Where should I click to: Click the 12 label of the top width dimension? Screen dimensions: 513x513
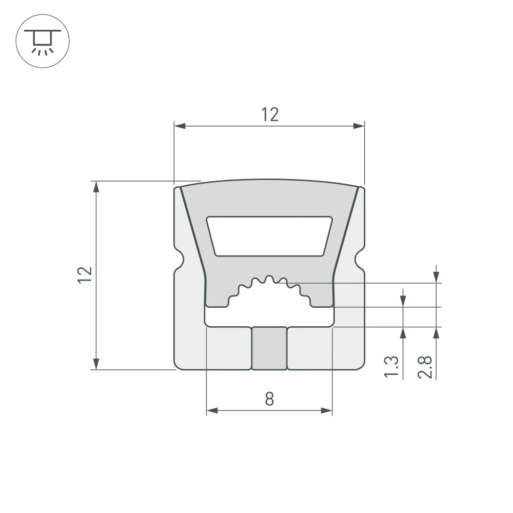(269, 115)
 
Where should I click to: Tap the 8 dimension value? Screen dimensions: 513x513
(269, 399)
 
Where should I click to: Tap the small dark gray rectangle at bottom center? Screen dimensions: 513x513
(269, 348)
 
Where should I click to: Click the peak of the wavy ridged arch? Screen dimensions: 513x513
(269, 279)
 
